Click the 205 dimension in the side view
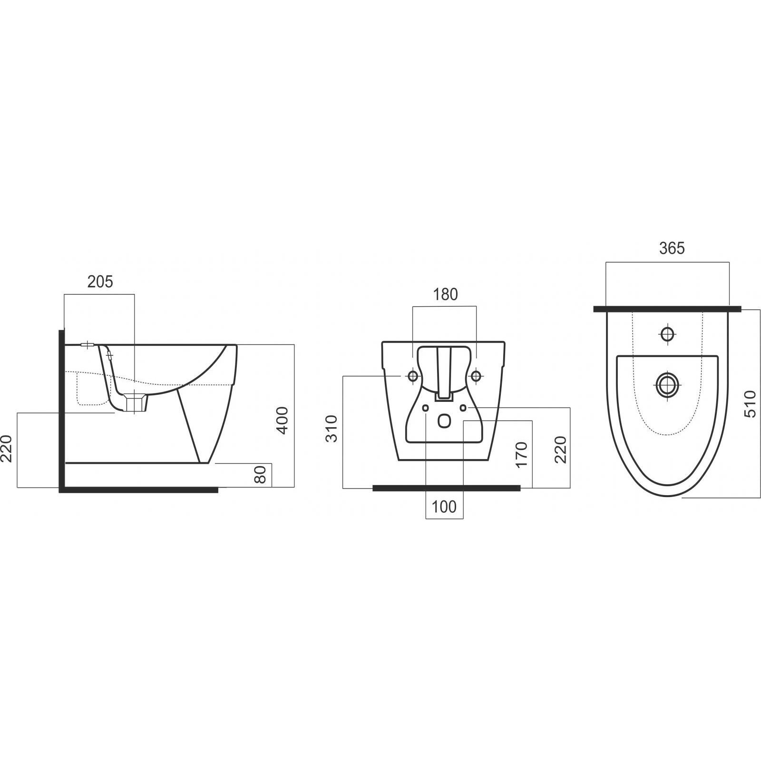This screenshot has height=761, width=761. (x=100, y=282)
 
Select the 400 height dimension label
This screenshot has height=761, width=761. (x=283, y=420)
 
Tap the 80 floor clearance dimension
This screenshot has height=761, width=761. (x=260, y=475)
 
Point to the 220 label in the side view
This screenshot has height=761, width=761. (x=7, y=449)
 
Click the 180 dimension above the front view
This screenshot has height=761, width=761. (x=445, y=295)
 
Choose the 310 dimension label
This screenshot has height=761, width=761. (x=331, y=429)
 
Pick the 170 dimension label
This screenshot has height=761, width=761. (x=522, y=455)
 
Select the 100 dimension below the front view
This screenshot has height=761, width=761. (x=444, y=507)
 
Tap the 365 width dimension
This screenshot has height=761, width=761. (x=672, y=248)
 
